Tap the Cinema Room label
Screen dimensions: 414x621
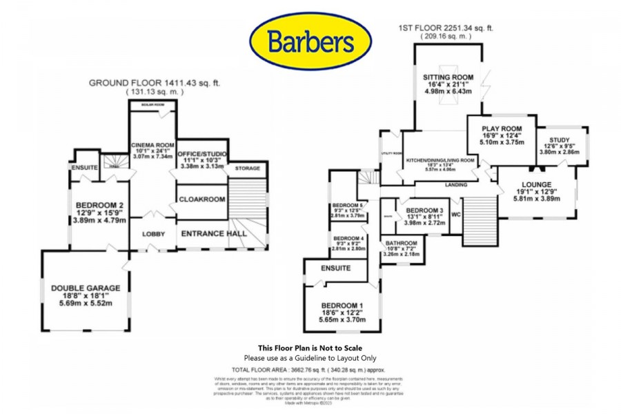pos(152,144)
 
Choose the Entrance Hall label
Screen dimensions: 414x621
pos(213,234)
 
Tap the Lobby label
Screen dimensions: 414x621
pos(154,234)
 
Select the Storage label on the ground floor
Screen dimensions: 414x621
pos(246,168)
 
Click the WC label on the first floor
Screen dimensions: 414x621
pos(455,214)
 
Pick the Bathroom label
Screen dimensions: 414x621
pos(401,243)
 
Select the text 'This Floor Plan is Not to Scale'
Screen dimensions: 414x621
pos(310,348)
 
